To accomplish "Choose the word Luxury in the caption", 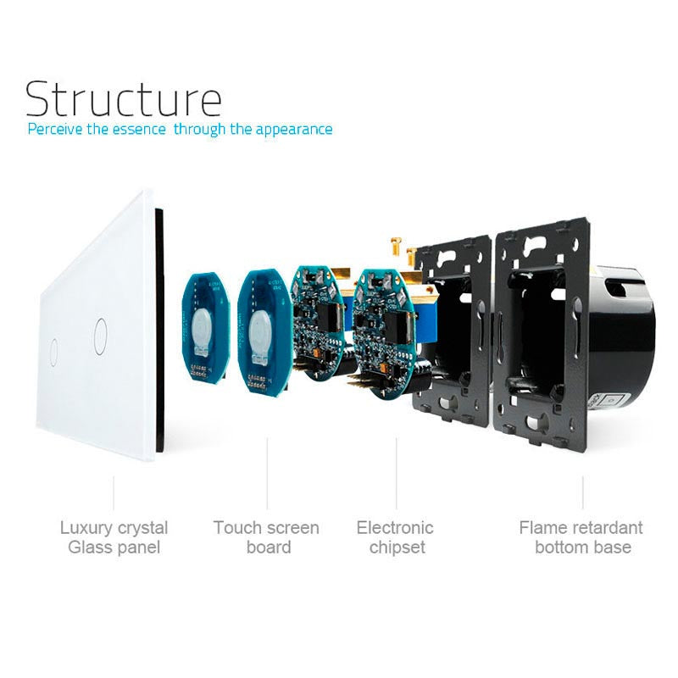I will click(84, 528).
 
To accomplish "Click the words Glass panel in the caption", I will click(114, 547).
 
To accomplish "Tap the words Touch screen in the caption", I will click(266, 528).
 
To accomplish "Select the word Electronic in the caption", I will click(395, 528).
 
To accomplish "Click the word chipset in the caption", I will click(395, 547).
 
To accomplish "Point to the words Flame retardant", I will click(581, 528).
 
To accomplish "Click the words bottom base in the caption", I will click(583, 547).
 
